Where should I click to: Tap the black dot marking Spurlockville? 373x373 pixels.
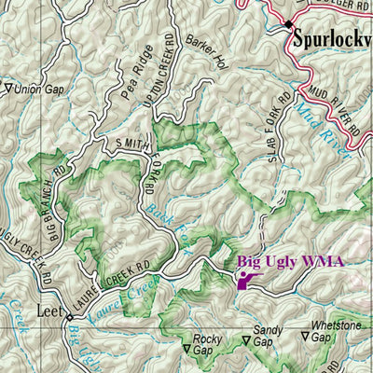click(289, 24)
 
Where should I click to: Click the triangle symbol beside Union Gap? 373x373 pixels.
click(8, 90)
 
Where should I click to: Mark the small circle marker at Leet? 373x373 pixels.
click(69, 319)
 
